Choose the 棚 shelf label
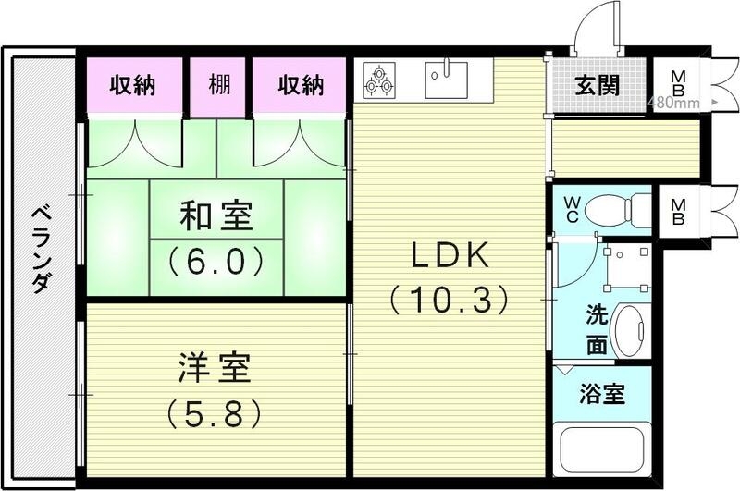click(x=219, y=86)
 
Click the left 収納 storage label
click(x=133, y=86)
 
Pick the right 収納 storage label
click(x=302, y=86)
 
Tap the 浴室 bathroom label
click(x=602, y=395)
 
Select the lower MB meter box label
click(x=678, y=211)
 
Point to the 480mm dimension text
click(x=673, y=103)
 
